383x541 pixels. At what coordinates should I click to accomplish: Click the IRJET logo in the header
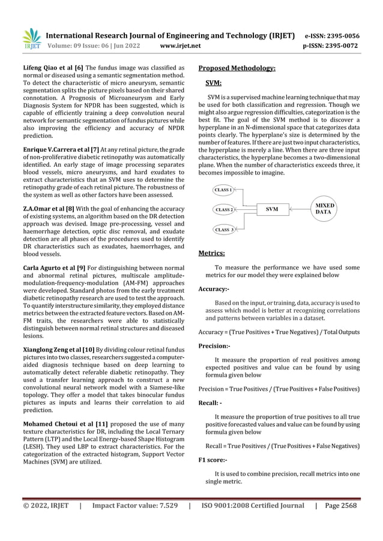pyautogui.click(x=31, y=38)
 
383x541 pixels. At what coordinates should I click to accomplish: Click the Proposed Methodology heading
pyautogui.click(x=237, y=68)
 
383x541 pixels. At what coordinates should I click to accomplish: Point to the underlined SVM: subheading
pyautogui.click(x=214, y=83)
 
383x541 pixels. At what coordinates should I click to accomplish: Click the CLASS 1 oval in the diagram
pyautogui.click(x=224, y=190)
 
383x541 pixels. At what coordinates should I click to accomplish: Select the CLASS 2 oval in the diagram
pyautogui.click(x=224, y=210)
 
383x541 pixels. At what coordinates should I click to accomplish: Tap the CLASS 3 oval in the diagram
pyautogui.click(x=224, y=230)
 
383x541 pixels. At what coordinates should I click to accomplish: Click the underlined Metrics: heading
pyautogui.click(x=211, y=254)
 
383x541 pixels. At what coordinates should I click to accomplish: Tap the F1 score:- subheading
pyautogui.click(x=213, y=460)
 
